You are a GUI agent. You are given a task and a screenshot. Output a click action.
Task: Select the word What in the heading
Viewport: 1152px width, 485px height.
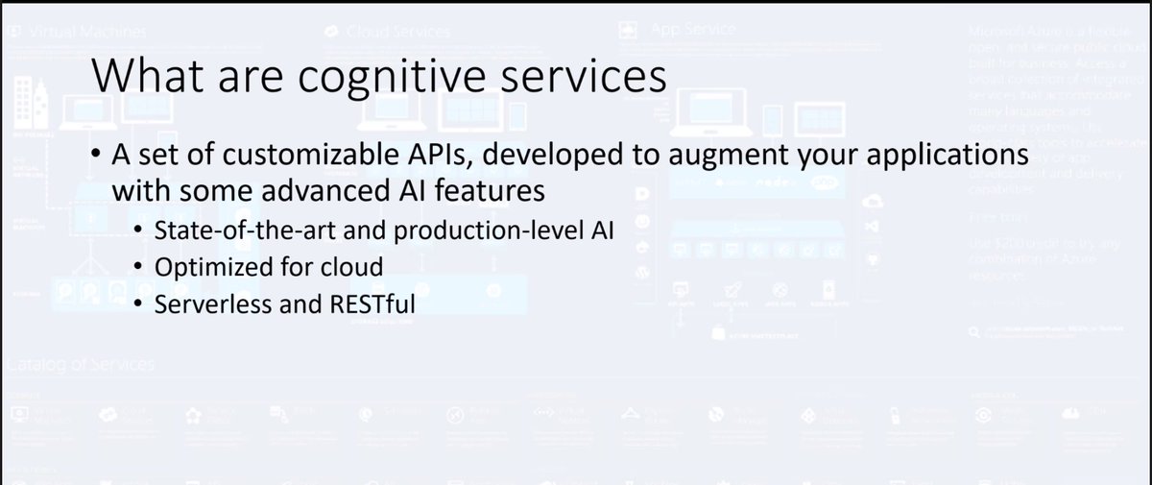[x=139, y=76]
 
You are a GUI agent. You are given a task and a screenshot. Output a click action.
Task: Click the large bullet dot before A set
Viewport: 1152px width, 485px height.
[x=99, y=156]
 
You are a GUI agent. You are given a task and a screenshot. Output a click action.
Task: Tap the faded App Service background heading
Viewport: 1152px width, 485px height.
[x=692, y=30]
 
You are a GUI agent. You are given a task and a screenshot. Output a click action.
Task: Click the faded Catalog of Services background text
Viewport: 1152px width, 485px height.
[x=82, y=365]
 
